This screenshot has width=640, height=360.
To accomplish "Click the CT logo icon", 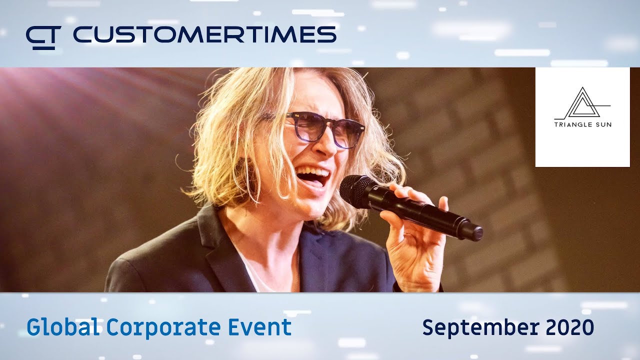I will click(x=43, y=37).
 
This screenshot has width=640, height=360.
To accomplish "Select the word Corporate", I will click(x=163, y=328).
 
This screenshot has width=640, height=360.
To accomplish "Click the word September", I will click(x=479, y=328).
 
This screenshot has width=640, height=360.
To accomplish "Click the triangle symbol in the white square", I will click(x=581, y=103).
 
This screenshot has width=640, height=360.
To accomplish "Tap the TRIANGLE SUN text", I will click(x=582, y=124).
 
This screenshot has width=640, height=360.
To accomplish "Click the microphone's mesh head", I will click(x=356, y=191).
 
